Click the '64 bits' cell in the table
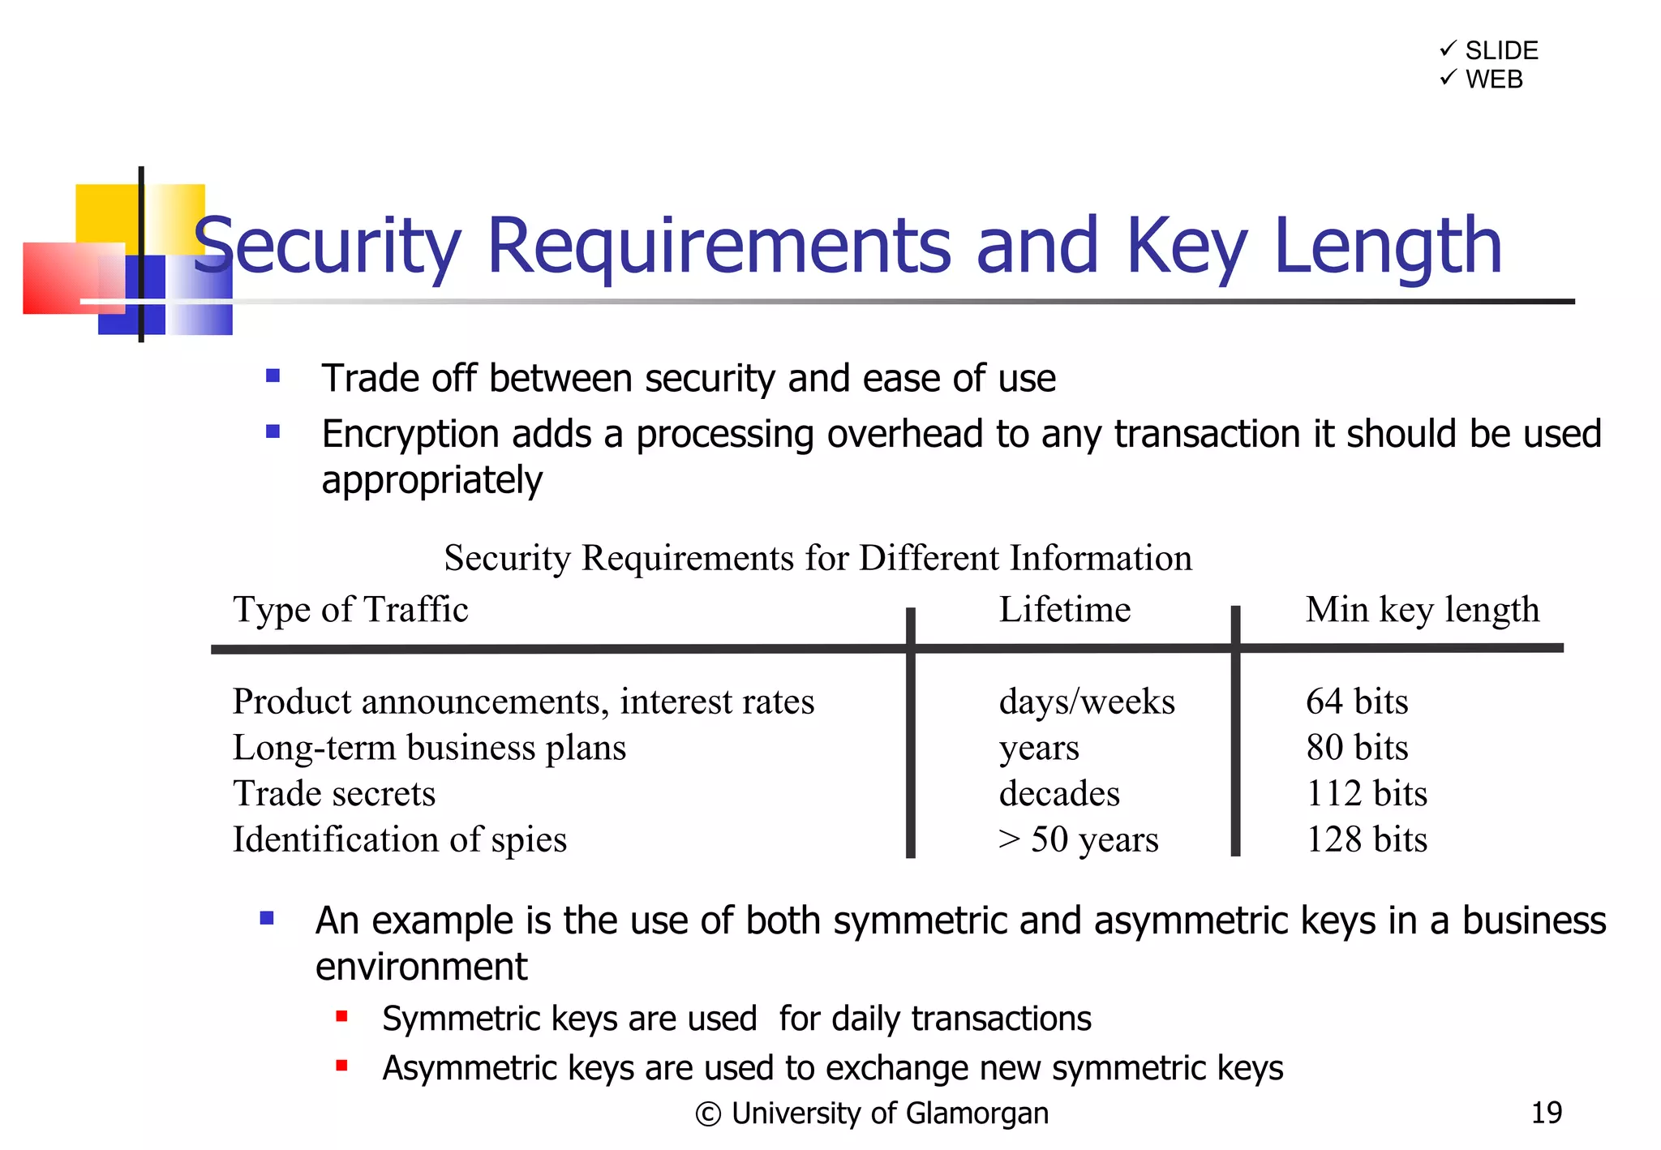pyautogui.click(x=1356, y=702)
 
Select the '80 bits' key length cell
pyautogui.click(x=1356, y=748)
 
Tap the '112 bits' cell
pyautogui.click(x=1366, y=793)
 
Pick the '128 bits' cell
pyautogui.click(x=1366, y=839)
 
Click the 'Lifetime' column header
pyautogui.click(x=1064, y=610)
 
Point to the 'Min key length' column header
pyautogui.click(x=1422, y=610)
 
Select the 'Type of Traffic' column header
pyautogui.click(x=350, y=610)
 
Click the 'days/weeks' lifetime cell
pyautogui.click(x=1086, y=702)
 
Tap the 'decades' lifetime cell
pyautogui.click(x=1058, y=793)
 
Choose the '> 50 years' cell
pyautogui.click(x=1078, y=839)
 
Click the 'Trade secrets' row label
pyautogui.click(x=334, y=793)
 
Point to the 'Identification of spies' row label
pyautogui.click(x=399, y=839)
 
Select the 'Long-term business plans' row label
pyautogui.click(x=429, y=748)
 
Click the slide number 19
pyautogui.click(x=1546, y=1113)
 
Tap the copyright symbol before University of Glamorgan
pyautogui.click(x=707, y=1114)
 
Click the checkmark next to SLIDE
pyautogui.click(x=1448, y=49)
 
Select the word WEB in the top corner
pyautogui.click(x=1494, y=79)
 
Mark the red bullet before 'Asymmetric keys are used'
pyautogui.click(x=341, y=1066)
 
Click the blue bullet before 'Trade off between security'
pyautogui.click(x=273, y=375)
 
